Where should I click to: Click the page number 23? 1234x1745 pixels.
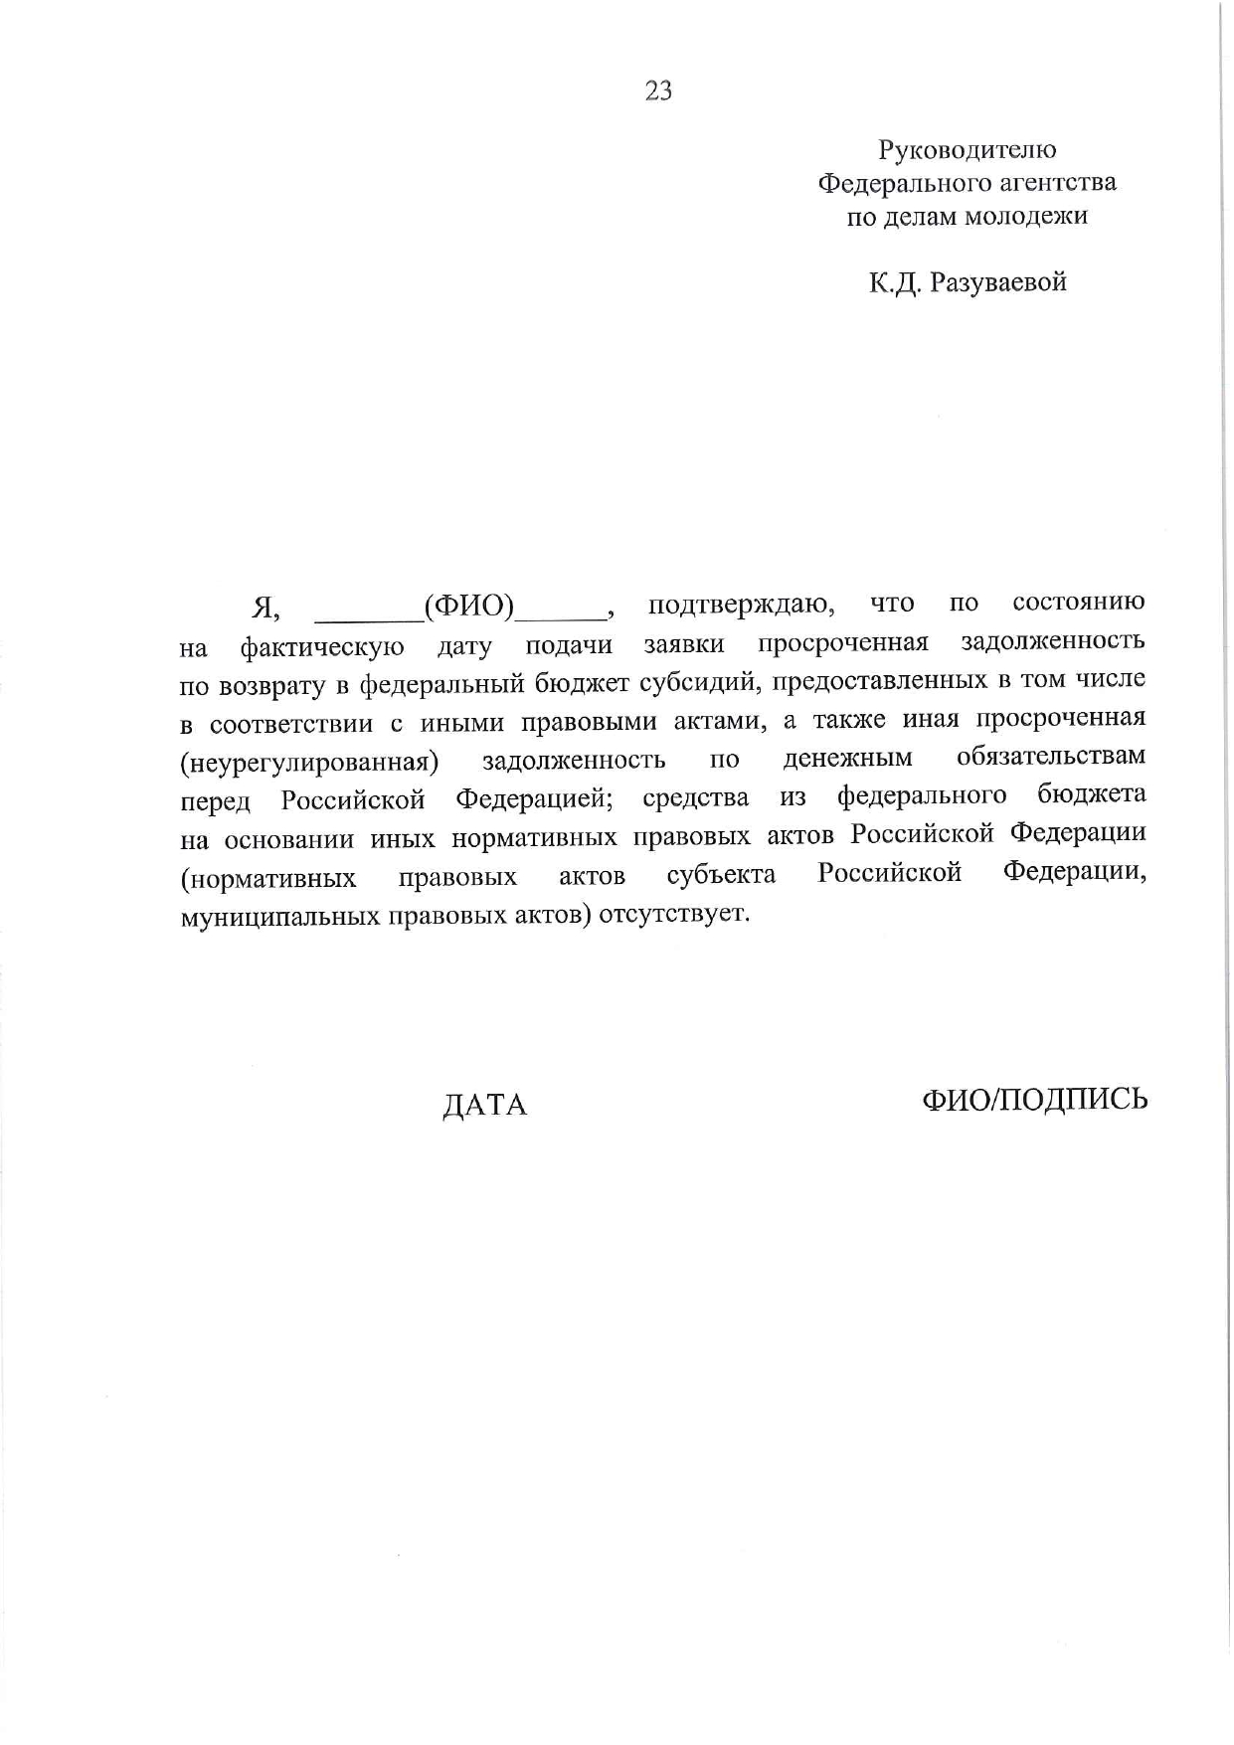[658, 91]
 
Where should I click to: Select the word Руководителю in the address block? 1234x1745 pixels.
[967, 150]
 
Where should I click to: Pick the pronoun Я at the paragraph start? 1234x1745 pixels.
[264, 607]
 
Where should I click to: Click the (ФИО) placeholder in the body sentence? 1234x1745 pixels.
[468, 605]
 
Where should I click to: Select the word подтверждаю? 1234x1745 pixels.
[741, 604]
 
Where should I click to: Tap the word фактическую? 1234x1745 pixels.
[322, 648]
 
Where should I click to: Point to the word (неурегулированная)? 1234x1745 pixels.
[309, 763]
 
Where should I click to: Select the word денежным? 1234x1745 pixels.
[847, 759]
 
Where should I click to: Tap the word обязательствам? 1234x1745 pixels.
[1050, 756]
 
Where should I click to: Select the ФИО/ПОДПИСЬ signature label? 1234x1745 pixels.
[1034, 1099]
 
